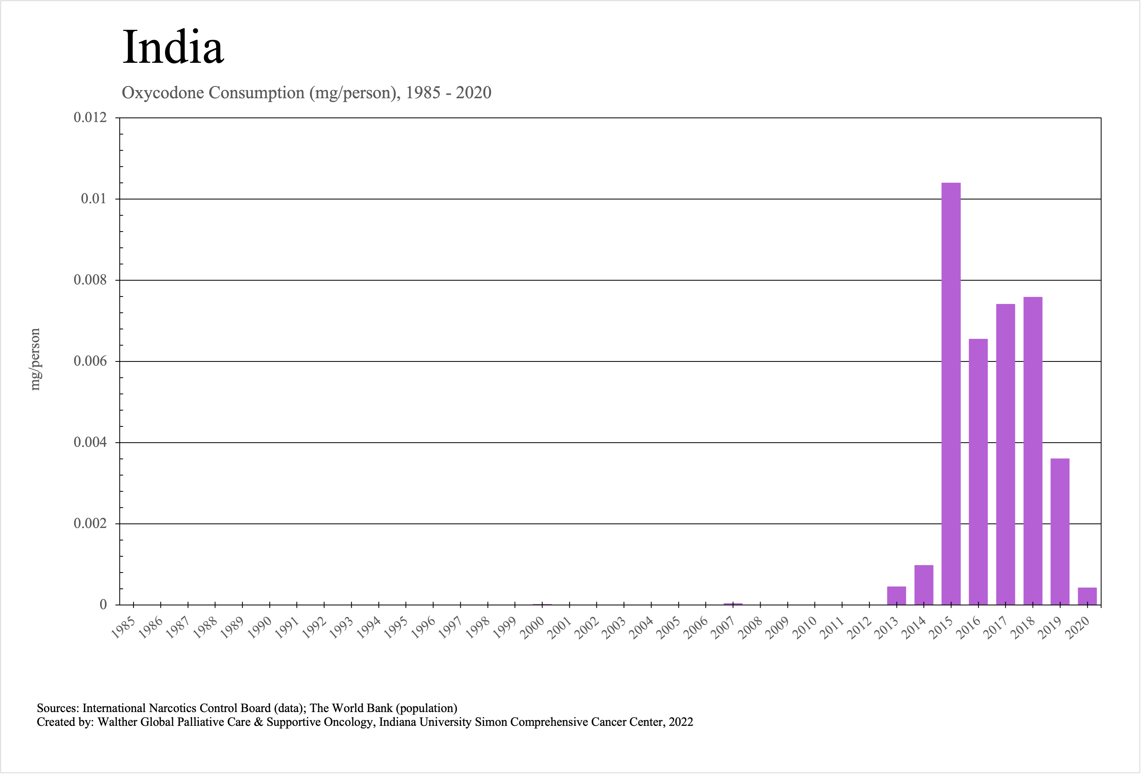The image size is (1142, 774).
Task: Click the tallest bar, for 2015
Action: point(951,393)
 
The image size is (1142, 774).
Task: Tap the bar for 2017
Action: point(1005,455)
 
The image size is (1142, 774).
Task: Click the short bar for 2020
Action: point(1087,596)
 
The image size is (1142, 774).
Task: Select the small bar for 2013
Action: point(896,596)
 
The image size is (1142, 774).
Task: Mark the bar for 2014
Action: point(924,585)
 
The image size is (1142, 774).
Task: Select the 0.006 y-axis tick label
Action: point(90,361)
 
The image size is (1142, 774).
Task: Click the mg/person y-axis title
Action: point(35,359)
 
